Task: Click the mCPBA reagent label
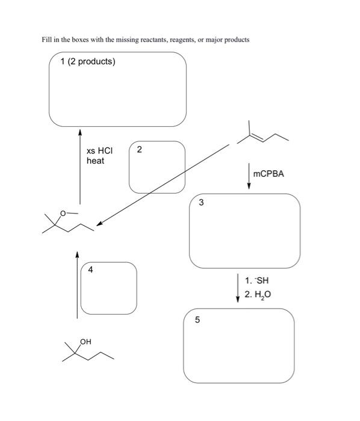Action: coord(268,174)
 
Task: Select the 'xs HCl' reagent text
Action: coord(99,150)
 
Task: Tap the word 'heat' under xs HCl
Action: coord(95,161)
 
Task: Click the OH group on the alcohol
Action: coord(85,342)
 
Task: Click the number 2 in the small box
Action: coord(139,150)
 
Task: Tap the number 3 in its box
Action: coord(201,203)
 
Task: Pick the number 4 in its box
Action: coord(90,270)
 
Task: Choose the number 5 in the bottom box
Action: coord(196,320)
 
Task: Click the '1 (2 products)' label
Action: coord(88,62)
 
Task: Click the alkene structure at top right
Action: coord(262,136)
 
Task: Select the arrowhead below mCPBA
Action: coord(249,186)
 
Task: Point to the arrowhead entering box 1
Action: coord(79,131)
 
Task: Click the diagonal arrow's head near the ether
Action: coord(100,224)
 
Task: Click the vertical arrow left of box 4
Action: coord(77,286)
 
